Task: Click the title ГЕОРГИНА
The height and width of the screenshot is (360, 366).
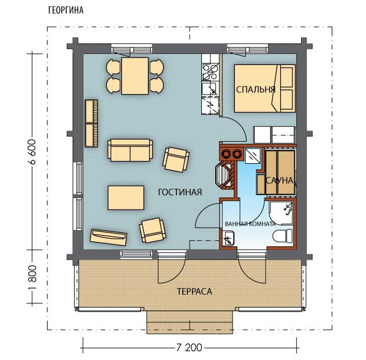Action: (x=66, y=10)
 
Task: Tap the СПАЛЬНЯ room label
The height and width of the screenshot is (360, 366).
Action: (x=256, y=89)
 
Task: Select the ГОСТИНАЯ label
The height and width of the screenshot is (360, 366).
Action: (x=180, y=192)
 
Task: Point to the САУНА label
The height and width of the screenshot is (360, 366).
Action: (x=280, y=181)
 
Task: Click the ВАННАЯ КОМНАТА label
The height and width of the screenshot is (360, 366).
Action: (x=250, y=224)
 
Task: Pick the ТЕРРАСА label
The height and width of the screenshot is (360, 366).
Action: (x=194, y=291)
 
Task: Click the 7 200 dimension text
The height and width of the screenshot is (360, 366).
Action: (x=189, y=348)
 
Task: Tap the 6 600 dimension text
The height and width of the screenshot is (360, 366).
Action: (x=32, y=152)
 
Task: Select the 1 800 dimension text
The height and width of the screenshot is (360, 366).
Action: (x=32, y=277)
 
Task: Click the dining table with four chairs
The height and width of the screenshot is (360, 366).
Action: (x=135, y=76)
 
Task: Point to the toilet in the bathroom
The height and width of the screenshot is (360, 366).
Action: (x=282, y=236)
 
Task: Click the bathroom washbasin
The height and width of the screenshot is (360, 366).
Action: (x=229, y=238)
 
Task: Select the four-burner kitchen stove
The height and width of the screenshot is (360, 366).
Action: (x=211, y=72)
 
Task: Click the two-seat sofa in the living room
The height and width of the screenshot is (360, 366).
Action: (x=131, y=150)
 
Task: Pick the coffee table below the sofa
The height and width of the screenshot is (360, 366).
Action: (x=126, y=197)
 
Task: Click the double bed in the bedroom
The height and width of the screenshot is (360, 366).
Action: (x=264, y=88)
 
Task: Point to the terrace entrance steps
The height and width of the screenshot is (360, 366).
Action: (x=190, y=322)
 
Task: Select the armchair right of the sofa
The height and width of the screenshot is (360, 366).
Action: (x=176, y=160)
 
